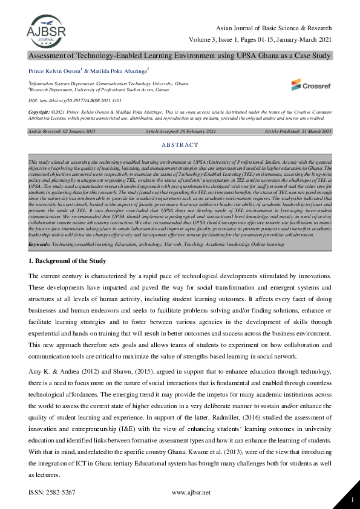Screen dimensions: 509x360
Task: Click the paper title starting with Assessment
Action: tap(180, 55)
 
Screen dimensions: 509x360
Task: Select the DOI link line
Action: tap(71, 99)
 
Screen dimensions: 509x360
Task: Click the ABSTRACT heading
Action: tap(180, 145)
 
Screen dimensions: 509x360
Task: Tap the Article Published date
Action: tap(296, 131)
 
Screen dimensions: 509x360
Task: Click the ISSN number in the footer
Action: tap(52, 492)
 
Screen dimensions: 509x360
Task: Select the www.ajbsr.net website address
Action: tap(191, 492)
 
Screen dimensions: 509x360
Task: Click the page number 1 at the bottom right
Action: tap(352, 499)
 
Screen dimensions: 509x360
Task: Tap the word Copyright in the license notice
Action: tap(41, 113)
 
